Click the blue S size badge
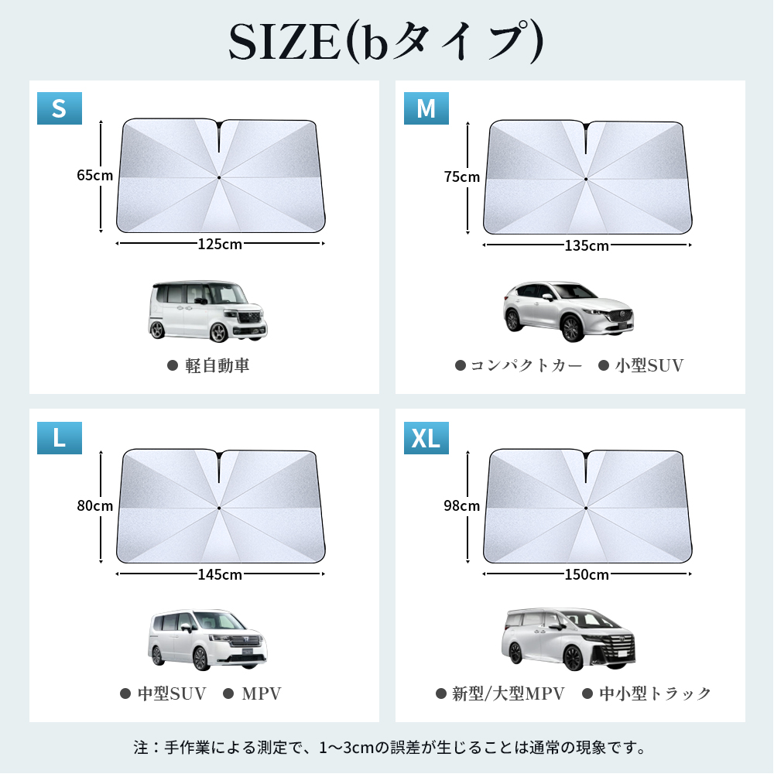60,108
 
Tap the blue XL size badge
426,438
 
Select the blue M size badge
426,108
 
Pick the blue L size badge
60,438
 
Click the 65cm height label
94,175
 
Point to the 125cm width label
220,245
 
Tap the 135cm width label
587,246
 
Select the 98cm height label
461,506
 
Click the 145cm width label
220,574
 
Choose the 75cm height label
461,176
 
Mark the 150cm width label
587,574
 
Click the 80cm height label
94,506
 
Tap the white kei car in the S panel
207,311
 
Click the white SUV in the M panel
568,312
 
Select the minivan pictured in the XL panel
569,639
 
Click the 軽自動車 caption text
217,366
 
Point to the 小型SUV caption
649,366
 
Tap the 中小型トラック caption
655,694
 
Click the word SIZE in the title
285,43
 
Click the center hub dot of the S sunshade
219,177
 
